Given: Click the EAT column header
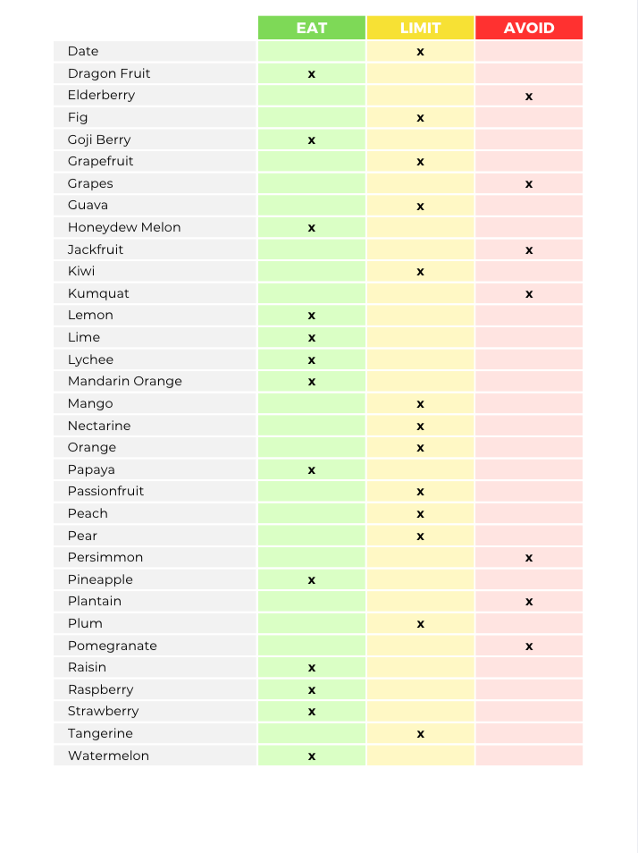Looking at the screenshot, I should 312,28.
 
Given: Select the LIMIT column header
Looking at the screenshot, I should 420,28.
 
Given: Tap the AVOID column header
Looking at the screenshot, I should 529,28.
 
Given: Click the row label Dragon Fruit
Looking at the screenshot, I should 109,73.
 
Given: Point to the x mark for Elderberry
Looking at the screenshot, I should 529,96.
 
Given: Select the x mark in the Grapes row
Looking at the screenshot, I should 529,184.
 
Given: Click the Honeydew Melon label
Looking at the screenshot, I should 124,227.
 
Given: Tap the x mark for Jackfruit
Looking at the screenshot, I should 529,250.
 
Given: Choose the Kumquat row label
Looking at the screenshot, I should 92,293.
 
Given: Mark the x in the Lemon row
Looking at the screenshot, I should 312,316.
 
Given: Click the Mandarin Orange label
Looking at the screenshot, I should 124,381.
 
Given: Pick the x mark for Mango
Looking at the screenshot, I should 420,404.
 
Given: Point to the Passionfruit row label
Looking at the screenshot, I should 105,491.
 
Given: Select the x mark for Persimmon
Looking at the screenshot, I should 529,558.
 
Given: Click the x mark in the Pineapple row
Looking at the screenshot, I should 312,580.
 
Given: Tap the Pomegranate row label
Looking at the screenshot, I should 112,646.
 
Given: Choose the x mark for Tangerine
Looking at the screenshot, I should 420,734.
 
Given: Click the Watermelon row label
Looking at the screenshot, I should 108,756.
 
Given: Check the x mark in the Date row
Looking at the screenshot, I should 420,52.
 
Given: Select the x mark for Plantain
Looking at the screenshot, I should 529,602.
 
